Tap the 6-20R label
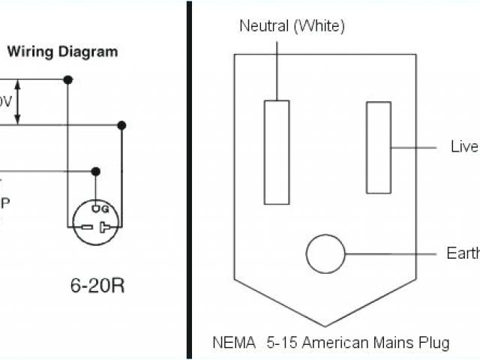97,265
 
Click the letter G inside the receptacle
104,208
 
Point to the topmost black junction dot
68,79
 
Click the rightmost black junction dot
121,125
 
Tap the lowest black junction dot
96,171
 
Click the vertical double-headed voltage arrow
19,102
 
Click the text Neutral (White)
292,26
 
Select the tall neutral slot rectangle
277,152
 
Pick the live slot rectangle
378,147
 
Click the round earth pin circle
325,253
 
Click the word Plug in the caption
434,343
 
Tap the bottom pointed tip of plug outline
325,325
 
